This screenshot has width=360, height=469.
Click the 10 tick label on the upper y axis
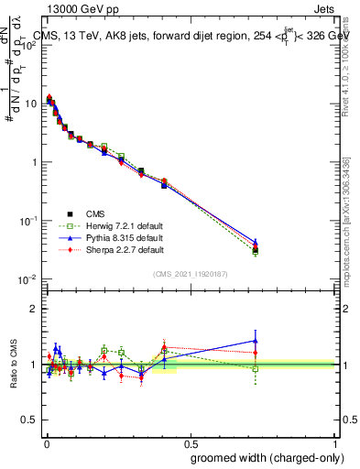coord(31,104)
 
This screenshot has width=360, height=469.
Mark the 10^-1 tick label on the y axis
coord(28,220)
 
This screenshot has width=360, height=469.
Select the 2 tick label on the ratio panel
coord(35,309)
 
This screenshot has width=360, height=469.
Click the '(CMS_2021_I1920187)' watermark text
coord(191,273)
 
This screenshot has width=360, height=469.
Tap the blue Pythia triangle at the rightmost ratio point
coord(256,341)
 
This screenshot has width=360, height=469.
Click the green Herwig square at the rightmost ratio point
coord(256,369)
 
